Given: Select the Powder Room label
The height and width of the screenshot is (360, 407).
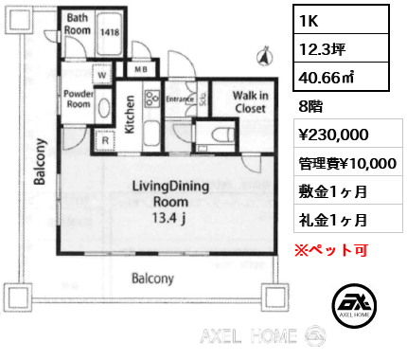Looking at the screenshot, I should click(79, 99).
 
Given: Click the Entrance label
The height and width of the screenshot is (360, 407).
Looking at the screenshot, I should click(179, 98).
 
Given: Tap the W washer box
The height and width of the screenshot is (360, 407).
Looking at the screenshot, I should click(100, 75).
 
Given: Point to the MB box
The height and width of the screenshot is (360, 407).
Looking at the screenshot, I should click(141, 69).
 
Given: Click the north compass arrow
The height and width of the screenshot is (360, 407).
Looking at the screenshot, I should click(262, 59).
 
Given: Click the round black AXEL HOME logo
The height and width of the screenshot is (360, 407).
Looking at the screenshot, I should click(357, 307).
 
